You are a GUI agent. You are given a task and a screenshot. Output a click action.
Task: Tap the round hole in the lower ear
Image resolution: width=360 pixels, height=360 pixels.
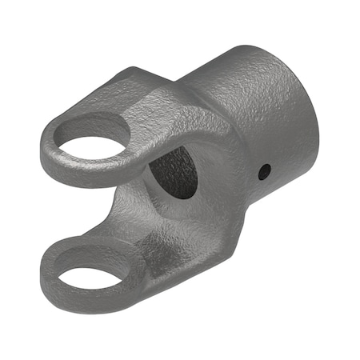tap(90, 276)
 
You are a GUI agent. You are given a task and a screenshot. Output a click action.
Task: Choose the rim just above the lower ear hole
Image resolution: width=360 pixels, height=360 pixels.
tap(88, 254)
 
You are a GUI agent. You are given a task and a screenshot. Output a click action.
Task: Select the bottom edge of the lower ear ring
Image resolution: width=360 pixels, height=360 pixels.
tap(88, 302)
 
